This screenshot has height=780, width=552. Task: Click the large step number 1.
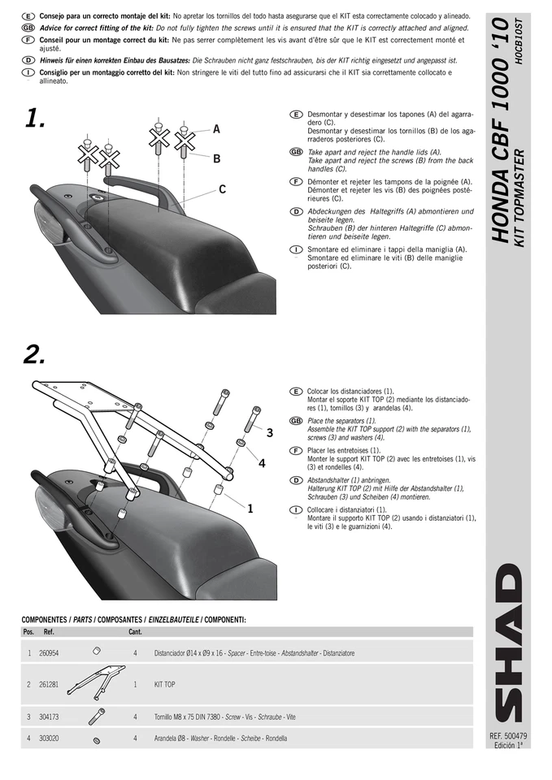pos(34,119)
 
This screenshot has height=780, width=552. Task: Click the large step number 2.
pos(35,354)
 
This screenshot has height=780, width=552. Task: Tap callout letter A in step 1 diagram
pos(217,128)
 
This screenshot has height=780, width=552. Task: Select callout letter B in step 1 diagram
pos(217,158)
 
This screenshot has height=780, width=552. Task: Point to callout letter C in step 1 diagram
pos(221,189)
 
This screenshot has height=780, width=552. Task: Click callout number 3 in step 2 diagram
pos(269,434)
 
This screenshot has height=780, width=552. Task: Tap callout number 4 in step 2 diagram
pos(262,463)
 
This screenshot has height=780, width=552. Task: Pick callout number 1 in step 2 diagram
pos(250,509)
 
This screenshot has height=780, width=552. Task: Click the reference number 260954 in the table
pos(48,652)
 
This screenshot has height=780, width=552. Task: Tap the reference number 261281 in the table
pos(48,684)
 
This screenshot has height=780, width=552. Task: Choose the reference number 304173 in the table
pos(48,717)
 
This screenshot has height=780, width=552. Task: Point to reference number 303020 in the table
pos(48,739)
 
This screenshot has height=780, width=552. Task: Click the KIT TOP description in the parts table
pos(164,684)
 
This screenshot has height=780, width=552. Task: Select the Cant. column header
pos(135,631)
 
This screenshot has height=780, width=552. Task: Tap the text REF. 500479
pos(509,736)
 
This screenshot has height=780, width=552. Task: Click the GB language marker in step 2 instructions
pos(295,422)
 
